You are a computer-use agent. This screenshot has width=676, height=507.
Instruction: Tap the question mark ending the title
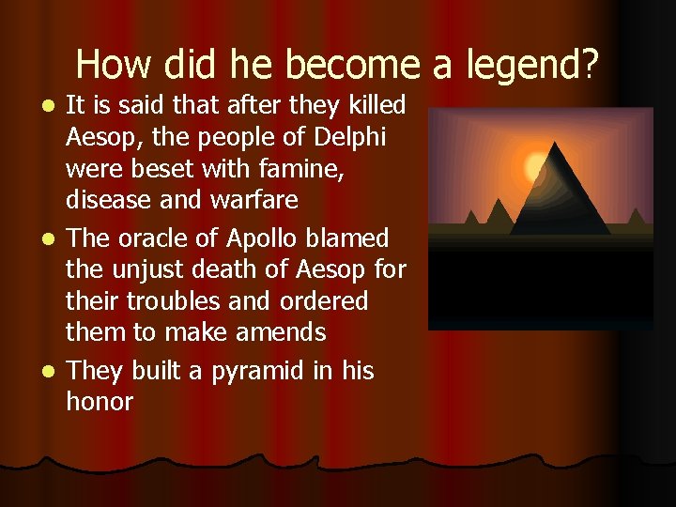tap(590, 65)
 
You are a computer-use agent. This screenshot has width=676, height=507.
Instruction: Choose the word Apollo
tap(273, 238)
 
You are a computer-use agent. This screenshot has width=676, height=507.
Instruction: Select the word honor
tap(100, 402)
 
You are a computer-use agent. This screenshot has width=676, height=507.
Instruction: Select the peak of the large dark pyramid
tap(559, 145)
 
